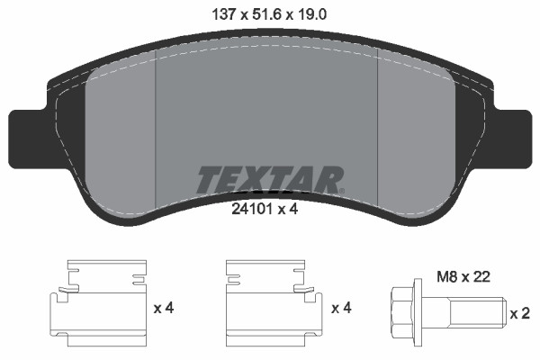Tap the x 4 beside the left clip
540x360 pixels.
163,309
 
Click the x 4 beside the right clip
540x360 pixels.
341,309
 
